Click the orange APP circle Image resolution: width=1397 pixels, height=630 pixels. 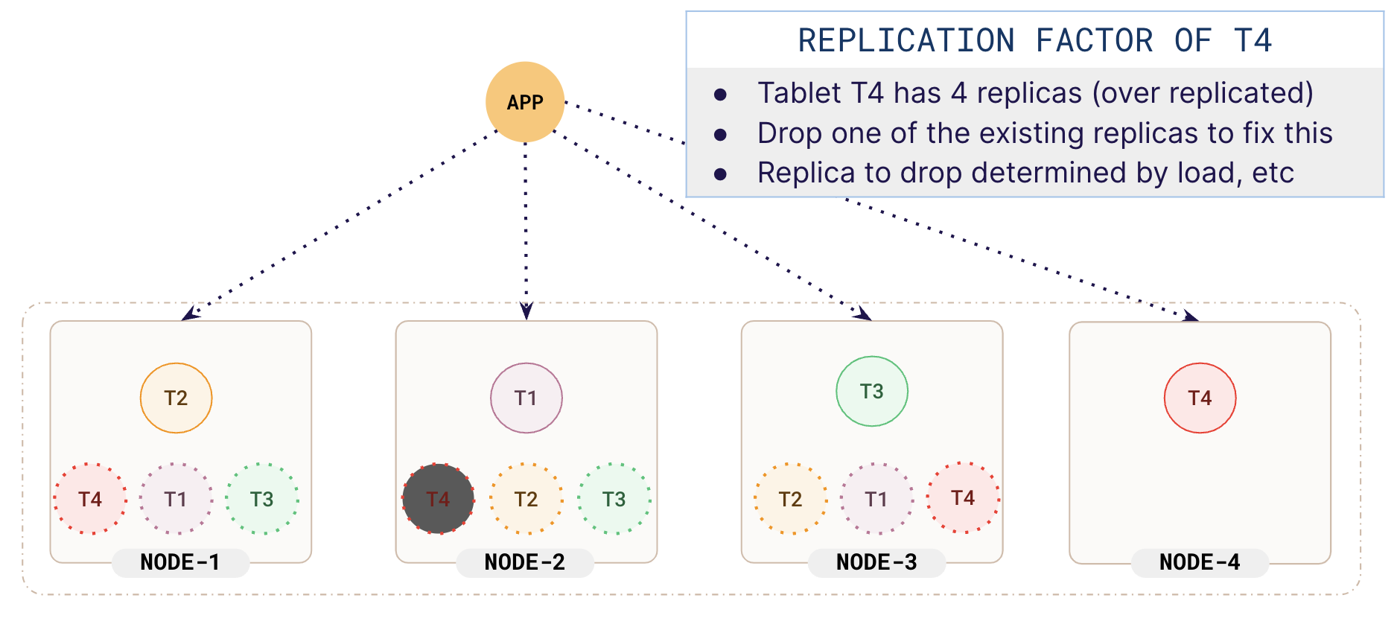pyautogui.click(x=525, y=102)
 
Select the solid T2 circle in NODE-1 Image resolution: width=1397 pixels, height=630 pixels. pyautogui.click(x=176, y=398)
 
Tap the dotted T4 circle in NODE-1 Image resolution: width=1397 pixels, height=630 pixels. pyautogui.click(x=90, y=499)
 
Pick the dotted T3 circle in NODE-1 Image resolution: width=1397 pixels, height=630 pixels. pyautogui.click(x=262, y=499)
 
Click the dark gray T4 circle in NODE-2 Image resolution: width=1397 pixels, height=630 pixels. pyautogui.click(x=438, y=499)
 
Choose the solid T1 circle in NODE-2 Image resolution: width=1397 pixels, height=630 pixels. pyautogui.click(x=526, y=398)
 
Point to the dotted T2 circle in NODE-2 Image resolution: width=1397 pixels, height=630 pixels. pyautogui.click(x=526, y=499)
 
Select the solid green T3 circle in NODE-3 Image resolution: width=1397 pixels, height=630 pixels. pyautogui.click(x=872, y=392)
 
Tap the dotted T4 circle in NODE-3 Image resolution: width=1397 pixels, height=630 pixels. pyautogui.click(x=963, y=497)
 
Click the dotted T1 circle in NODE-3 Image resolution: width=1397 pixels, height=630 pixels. pyautogui.click(x=876, y=499)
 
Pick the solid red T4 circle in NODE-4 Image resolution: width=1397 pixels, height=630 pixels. pyautogui.click(x=1200, y=398)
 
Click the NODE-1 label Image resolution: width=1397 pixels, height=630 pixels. pyautogui.click(x=180, y=562)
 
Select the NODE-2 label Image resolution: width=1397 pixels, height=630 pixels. pyautogui.click(x=525, y=562)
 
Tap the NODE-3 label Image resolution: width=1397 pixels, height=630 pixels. pyautogui.click(x=876, y=562)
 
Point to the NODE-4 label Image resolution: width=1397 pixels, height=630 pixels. pyautogui.click(x=1200, y=562)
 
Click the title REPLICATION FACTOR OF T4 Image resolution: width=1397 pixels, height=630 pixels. pyautogui.click(x=1034, y=41)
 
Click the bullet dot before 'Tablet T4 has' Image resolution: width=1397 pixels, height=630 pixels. pyautogui.click(x=720, y=95)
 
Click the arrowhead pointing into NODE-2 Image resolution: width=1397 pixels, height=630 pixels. pyautogui.click(x=526, y=311)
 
